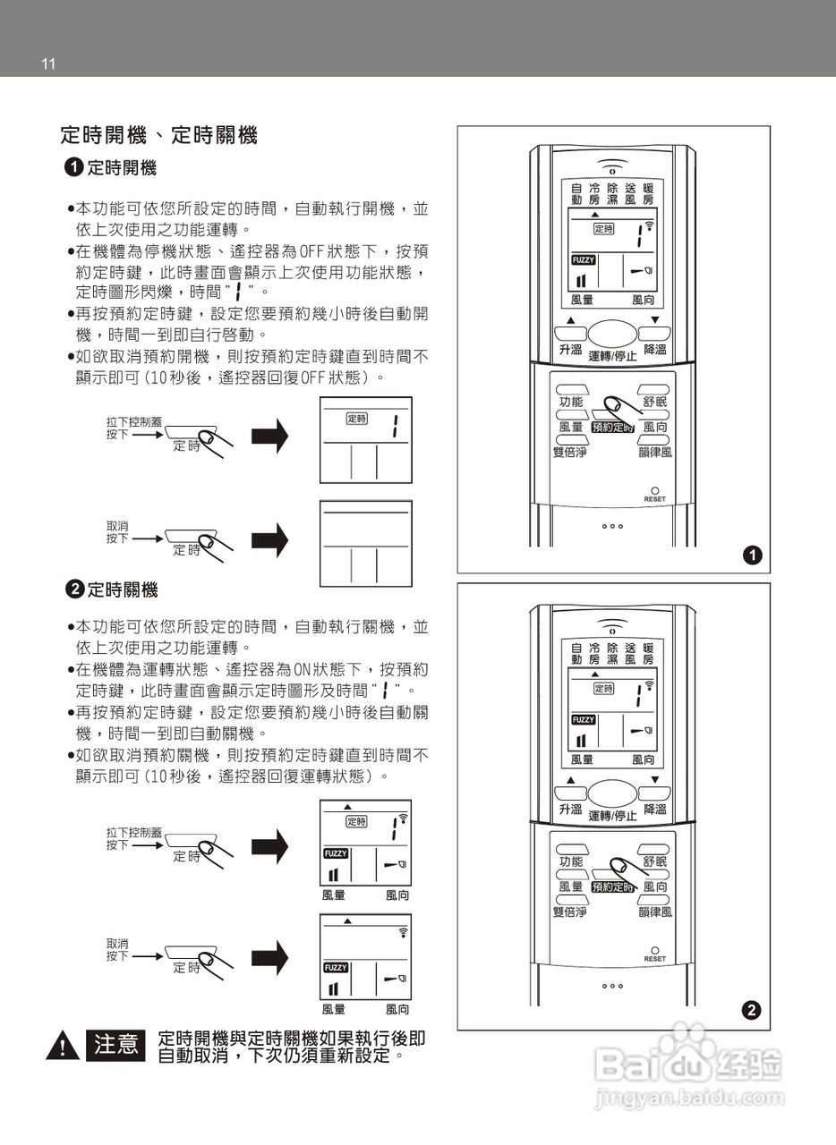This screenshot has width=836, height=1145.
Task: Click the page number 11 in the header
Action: [48, 64]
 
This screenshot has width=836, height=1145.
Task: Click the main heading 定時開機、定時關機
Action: [158, 136]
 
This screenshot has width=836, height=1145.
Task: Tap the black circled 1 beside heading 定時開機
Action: [74, 167]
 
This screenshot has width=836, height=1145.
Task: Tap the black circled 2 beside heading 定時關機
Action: [75, 589]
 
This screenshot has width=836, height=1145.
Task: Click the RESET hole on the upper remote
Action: [654, 490]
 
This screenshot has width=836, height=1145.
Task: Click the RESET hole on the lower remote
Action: [654, 949]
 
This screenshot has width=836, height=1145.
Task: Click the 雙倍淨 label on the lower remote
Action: [569, 912]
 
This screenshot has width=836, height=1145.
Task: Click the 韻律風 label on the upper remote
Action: [655, 453]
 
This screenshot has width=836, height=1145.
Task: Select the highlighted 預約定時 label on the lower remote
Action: [611, 886]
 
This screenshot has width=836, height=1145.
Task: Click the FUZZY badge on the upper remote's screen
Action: [583, 260]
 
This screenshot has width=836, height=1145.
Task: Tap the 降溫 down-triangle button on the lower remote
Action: [654, 793]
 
